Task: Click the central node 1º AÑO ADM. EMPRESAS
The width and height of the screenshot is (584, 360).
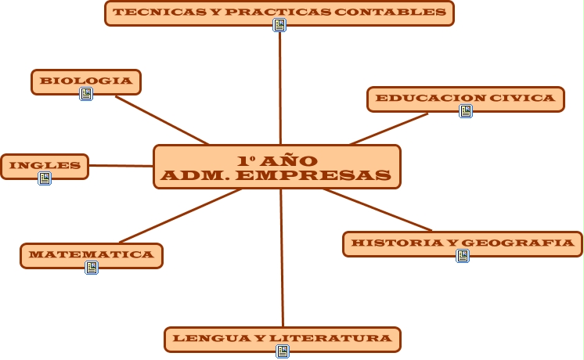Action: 276,167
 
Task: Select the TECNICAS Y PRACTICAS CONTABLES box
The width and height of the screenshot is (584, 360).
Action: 279,13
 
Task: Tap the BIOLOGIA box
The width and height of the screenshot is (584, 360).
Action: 86,81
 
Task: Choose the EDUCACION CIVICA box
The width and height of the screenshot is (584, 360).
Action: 465,99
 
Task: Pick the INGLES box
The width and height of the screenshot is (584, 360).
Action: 45,166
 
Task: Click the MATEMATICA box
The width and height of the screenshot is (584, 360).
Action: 91,255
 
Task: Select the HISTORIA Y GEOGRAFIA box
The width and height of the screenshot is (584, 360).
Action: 463,243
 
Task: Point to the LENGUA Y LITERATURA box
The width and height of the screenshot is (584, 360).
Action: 282,339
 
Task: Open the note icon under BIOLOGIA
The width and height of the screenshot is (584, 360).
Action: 86,94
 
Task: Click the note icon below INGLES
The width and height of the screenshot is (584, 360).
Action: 45,178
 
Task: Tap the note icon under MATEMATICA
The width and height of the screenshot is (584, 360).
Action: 92,268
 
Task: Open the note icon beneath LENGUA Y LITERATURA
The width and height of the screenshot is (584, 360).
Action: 283,351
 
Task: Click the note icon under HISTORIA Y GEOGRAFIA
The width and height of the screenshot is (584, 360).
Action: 463,256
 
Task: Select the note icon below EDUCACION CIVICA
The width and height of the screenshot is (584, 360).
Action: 466,111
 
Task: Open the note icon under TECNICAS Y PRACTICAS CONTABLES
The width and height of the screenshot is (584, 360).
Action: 279,25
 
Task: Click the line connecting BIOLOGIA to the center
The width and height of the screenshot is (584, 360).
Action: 162,121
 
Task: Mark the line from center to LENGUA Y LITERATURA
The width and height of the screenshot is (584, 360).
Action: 282,258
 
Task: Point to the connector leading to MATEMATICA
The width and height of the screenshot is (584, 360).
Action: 180,215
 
